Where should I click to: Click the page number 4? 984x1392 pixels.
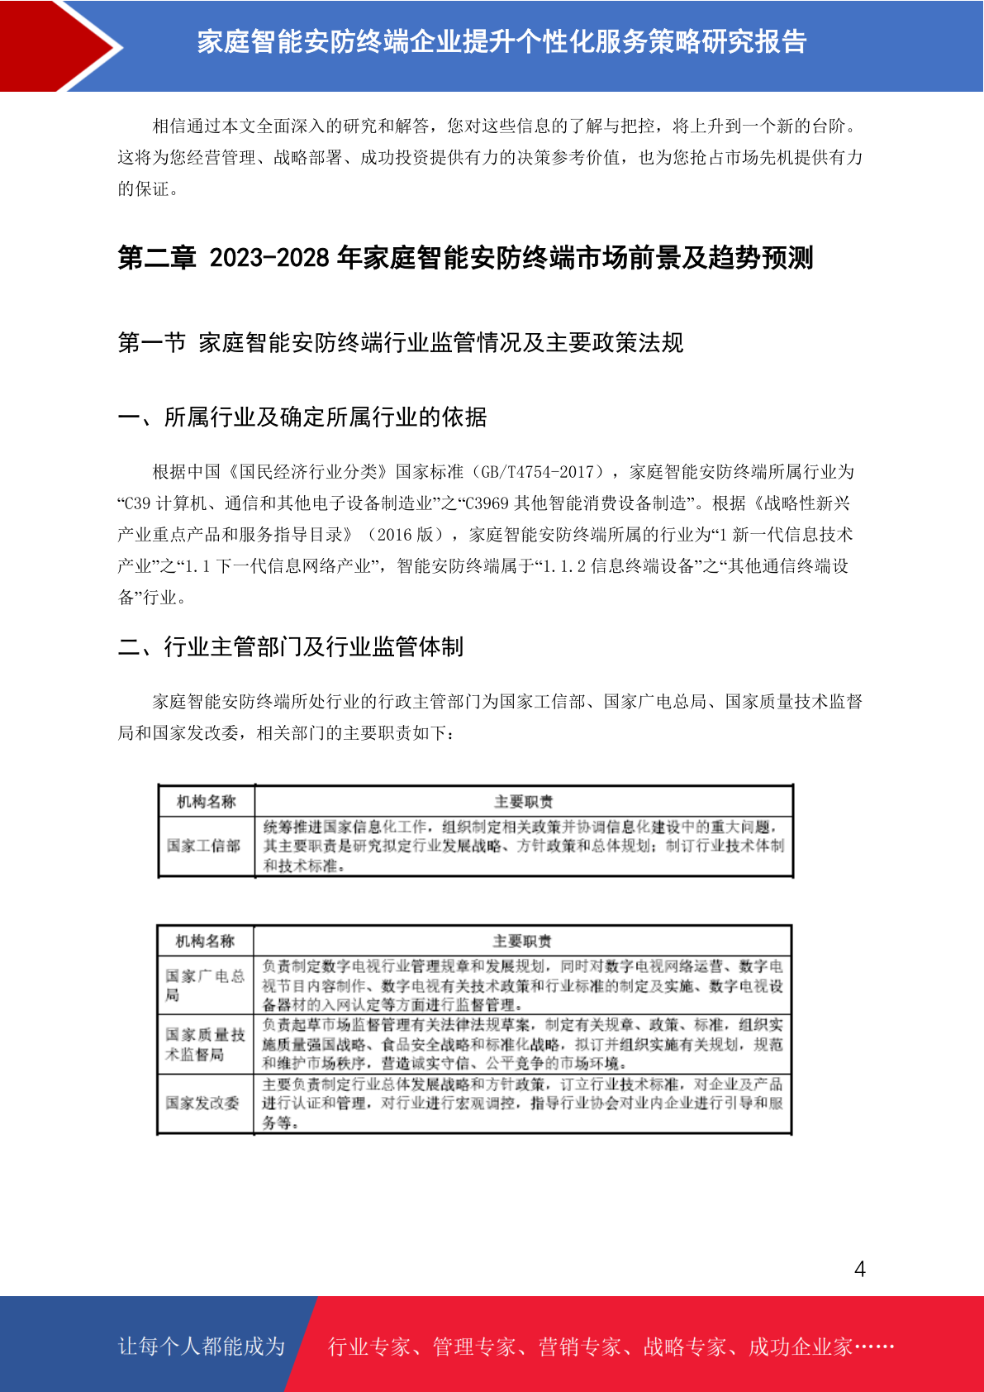pyautogui.click(x=859, y=1269)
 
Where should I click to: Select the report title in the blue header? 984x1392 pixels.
pyautogui.click(x=502, y=41)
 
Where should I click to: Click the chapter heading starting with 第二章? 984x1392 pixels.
pyautogui.click(x=465, y=258)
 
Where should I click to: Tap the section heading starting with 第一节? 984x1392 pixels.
pyautogui.click(x=400, y=342)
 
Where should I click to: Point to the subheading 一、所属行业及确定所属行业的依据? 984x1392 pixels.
pyautogui.click(x=302, y=417)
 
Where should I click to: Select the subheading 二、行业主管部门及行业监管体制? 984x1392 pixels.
pyautogui.click(x=291, y=646)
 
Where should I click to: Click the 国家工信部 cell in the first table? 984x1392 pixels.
pyautogui.click(x=203, y=846)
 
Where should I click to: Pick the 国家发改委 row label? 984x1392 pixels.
pyautogui.click(x=202, y=1103)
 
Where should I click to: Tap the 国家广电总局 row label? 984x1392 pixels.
pyautogui.click(x=205, y=984)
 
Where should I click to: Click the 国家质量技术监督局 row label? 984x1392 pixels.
pyautogui.click(x=205, y=1044)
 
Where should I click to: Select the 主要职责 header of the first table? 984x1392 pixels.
pyautogui.click(x=523, y=802)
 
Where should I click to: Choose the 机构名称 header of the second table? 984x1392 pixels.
pyautogui.click(x=205, y=941)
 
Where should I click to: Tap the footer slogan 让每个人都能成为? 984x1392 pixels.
pyautogui.click(x=202, y=1346)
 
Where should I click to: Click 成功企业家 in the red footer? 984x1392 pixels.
pyautogui.click(x=800, y=1347)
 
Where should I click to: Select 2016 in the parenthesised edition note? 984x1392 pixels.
pyautogui.click(x=394, y=535)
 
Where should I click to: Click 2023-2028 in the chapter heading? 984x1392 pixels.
pyautogui.click(x=269, y=258)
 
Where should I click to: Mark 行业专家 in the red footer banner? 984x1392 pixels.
pyautogui.click(x=369, y=1347)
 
